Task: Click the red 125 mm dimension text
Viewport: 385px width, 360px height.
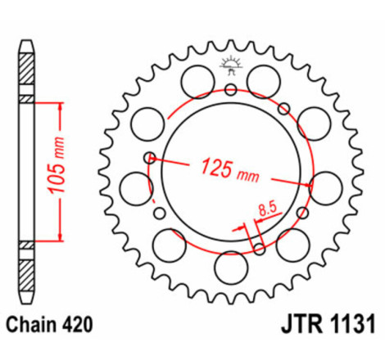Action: pyautogui.click(x=229, y=171)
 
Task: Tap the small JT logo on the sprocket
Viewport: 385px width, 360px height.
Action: pyautogui.click(x=232, y=65)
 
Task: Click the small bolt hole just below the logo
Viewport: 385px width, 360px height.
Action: pyautogui.click(x=231, y=89)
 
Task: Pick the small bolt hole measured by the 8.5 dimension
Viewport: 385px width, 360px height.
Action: pyautogui.click(x=260, y=249)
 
